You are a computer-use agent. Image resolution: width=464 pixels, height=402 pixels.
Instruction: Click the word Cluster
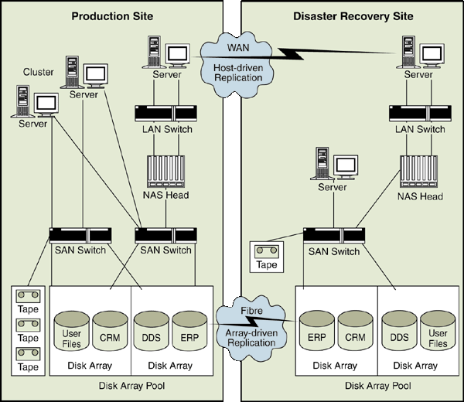[x=38, y=73]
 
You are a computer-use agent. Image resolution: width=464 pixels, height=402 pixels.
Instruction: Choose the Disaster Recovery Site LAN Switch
[x=419, y=112]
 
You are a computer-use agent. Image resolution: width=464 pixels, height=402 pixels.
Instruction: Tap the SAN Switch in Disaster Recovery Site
[x=334, y=234]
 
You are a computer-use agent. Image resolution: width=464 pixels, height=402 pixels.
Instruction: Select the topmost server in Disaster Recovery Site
[x=418, y=55]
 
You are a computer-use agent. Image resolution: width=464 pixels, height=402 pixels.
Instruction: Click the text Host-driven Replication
[x=228, y=73]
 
